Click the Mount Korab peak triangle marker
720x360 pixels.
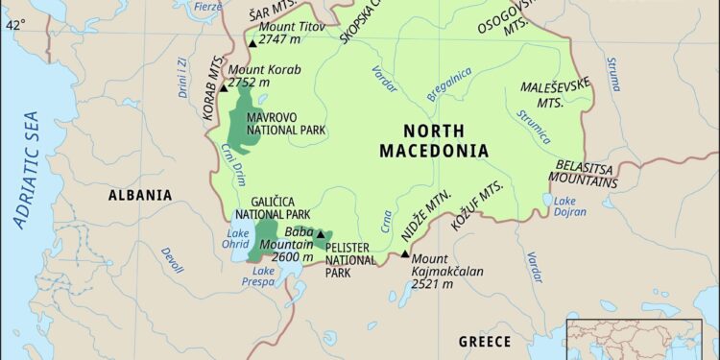pyautogui.click(x=224, y=86)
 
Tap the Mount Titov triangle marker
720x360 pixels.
pyautogui.click(x=252, y=43)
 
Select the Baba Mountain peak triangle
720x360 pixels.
pyautogui.click(x=320, y=233)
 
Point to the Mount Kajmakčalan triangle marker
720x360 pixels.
pyautogui.click(x=404, y=254)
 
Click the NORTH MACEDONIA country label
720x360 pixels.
pyautogui.click(x=433, y=141)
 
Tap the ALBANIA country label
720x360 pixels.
pyautogui.click(x=140, y=195)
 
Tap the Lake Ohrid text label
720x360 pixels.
pyautogui.click(x=236, y=239)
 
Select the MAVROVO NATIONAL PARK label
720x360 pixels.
pyautogui.click(x=286, y=124)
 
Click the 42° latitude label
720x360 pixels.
pyautogui.click(x=15, y=26)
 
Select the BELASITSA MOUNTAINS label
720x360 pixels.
pyautogui.click(x=585, y=173)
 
